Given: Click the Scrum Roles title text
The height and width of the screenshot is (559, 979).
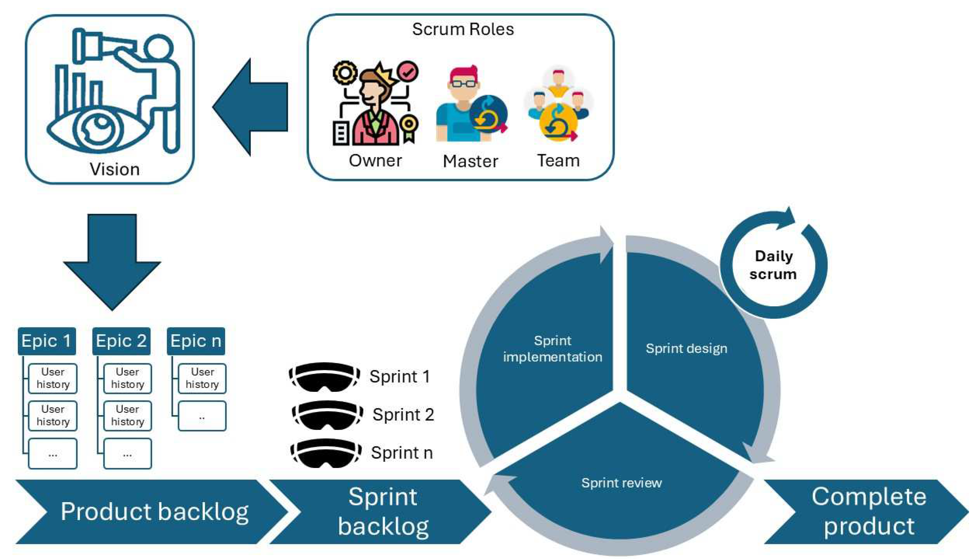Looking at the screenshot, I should (463, 29).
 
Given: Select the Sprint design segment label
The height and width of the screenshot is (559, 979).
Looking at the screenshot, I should (686, 349).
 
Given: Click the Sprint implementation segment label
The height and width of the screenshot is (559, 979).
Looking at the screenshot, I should (552, 349).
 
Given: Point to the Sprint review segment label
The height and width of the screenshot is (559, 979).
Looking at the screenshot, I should (621, 483).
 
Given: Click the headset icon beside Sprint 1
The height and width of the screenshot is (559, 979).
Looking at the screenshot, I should (324, 377).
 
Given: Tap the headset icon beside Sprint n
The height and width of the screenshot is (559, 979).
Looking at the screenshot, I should (326, 453).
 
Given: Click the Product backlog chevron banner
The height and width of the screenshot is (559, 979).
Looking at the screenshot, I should (153, 512).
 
